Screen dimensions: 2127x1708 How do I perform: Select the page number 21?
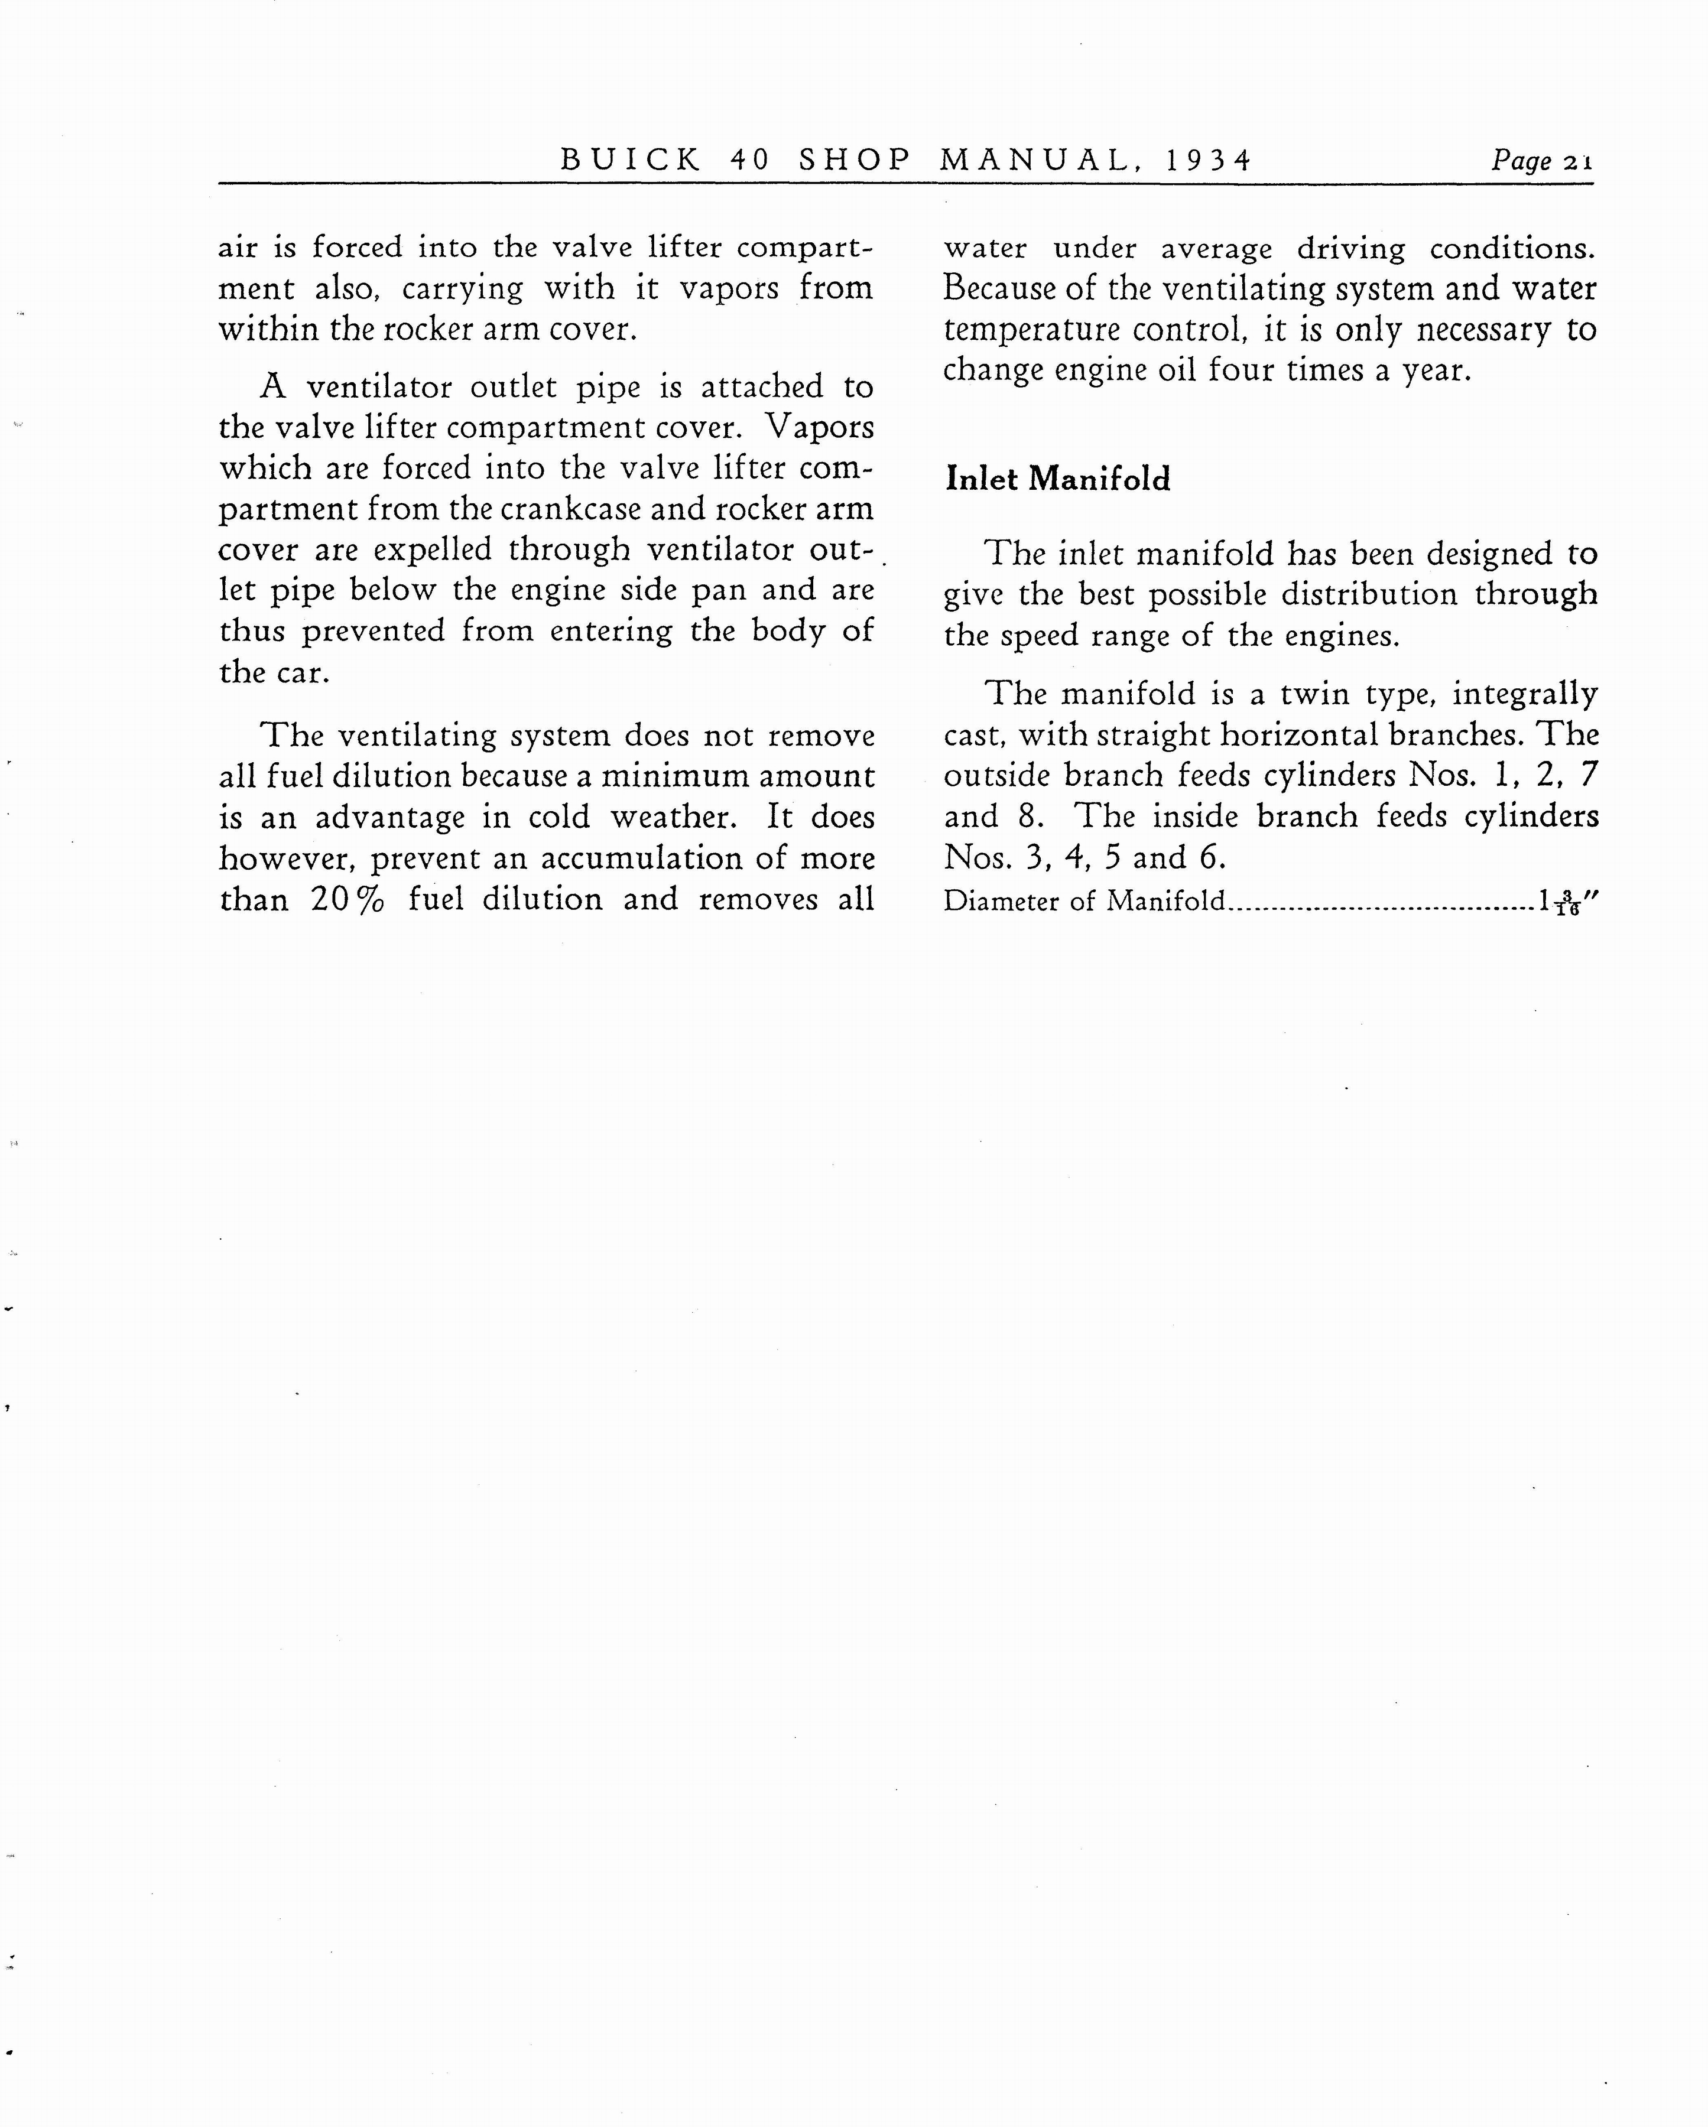tap(1578, 162)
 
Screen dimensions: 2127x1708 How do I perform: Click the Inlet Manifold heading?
tap(1058, 480)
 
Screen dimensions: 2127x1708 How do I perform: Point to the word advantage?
tap(389, 818)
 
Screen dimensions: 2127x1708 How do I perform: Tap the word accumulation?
tap(641, 858)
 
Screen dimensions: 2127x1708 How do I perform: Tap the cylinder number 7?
tap(1587, 775)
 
